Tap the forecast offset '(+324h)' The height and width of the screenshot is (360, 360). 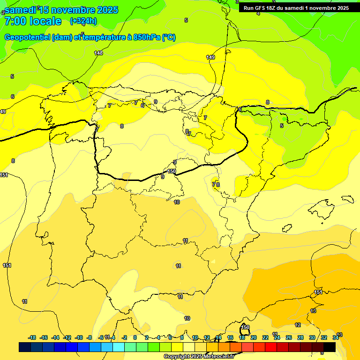point(83,21)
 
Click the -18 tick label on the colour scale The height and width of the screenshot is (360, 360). point(32,337)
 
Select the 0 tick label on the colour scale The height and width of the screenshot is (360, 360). point(135,337)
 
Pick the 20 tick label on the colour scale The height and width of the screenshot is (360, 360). point(254,337)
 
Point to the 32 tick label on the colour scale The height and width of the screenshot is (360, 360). point(324,337)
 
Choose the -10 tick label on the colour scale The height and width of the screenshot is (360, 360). point(79,337)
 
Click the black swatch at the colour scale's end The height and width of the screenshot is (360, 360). point(330,347)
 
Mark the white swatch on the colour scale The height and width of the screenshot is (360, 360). point(189,347)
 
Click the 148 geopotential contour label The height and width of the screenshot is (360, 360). point(98,53)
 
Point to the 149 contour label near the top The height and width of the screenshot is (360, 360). point(210,57)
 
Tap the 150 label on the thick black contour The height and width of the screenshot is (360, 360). point(172,172)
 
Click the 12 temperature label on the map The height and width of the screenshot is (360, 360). point(298,325)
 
